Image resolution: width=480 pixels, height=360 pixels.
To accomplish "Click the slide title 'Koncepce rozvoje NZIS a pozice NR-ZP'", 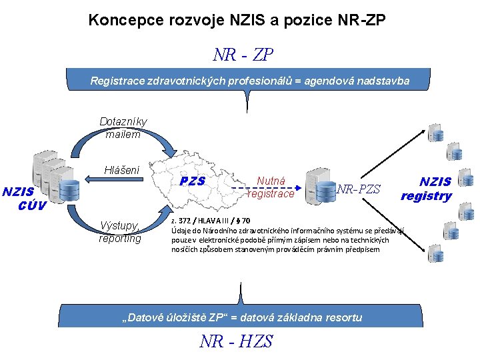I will click(x=237, y=21).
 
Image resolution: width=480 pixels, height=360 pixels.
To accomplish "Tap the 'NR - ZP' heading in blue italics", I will click(x=243, y=55).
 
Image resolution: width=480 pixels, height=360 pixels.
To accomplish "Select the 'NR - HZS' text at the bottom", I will click(x=237, y=341).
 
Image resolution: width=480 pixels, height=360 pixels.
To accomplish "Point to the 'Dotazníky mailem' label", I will click(x=123, y=128).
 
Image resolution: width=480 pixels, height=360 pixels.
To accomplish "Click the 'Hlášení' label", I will click(x=121, y=170).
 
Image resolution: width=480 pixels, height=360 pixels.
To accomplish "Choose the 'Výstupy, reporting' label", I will click(x=120, y=231).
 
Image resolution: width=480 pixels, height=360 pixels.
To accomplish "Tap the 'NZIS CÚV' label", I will click(x=23, y=199).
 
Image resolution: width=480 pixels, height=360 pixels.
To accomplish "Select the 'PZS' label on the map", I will click(x=193, y=181).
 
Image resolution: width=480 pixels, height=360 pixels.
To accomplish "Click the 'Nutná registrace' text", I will click(x=271, y=187).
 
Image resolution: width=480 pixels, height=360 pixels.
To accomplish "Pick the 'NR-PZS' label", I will click(x=359, y=189).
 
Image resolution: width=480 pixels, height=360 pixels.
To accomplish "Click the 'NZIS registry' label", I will click(x=427, y=188).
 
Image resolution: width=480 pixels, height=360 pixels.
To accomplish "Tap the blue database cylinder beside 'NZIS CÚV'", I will click(x=69, y=189).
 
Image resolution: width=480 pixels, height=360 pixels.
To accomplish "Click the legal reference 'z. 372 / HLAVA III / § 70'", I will click(x=211, y=221).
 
